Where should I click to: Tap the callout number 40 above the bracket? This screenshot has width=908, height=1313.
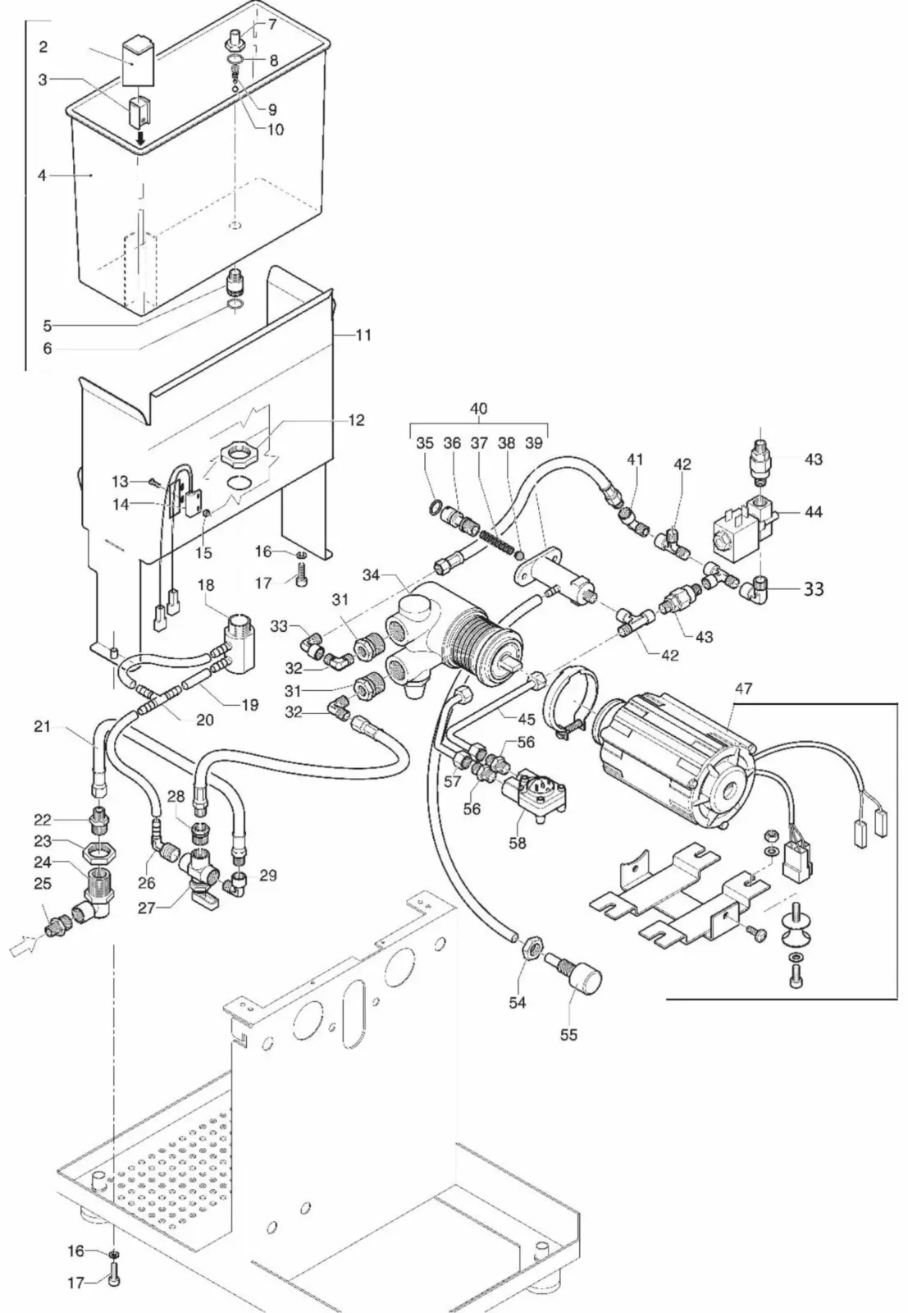pos(478,409)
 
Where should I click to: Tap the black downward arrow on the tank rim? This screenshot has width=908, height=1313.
pos(141,141)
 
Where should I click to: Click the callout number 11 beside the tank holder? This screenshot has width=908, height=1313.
pos(363,335)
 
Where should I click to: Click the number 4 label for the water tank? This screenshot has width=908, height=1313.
pos(42,176)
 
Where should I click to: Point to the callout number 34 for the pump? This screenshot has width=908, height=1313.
pos(371,575)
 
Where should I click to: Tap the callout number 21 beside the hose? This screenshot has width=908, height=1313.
pos(42,726)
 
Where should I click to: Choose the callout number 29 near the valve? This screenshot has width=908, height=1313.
pos(267,876)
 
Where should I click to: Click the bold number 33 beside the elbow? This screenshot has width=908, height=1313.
pos(814,588)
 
